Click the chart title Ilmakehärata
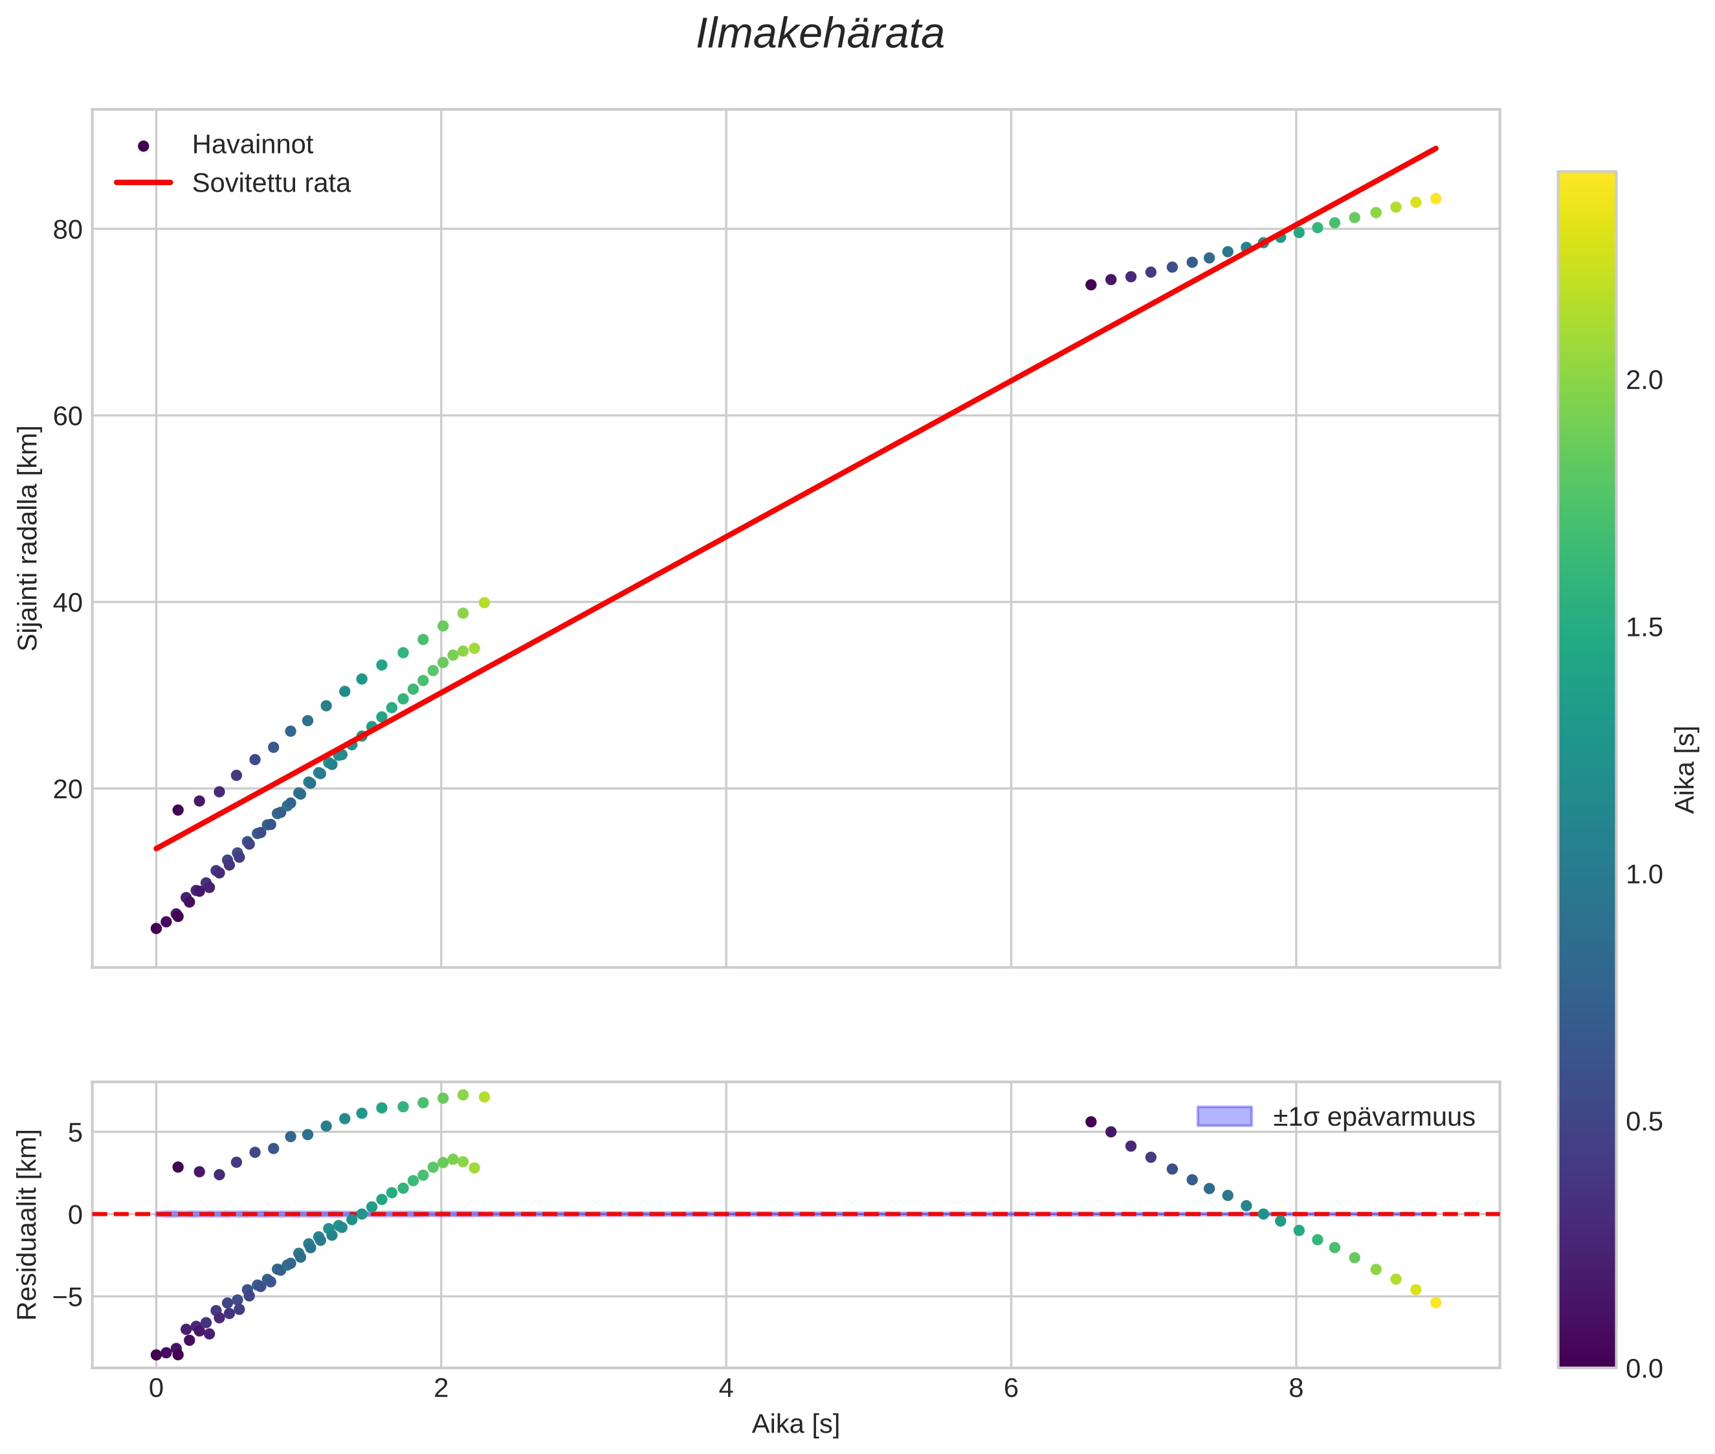[x=819, y=34]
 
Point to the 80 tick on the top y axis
[x=67, y=230]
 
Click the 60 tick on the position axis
[x=67, y=416]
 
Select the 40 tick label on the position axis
[x=67, y=603]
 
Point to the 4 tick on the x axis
[x=725, y=1389]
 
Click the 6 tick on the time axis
[x=1010, y=1389]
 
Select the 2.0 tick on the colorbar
[x=1644, y=381]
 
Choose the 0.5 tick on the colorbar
[x=1644, y=1123]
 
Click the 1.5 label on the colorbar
[x=1644, y=628]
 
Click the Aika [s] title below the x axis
[x=795, y=1424]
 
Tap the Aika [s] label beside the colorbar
[x=1685, y=770]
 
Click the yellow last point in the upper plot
[x=1435, y=199]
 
